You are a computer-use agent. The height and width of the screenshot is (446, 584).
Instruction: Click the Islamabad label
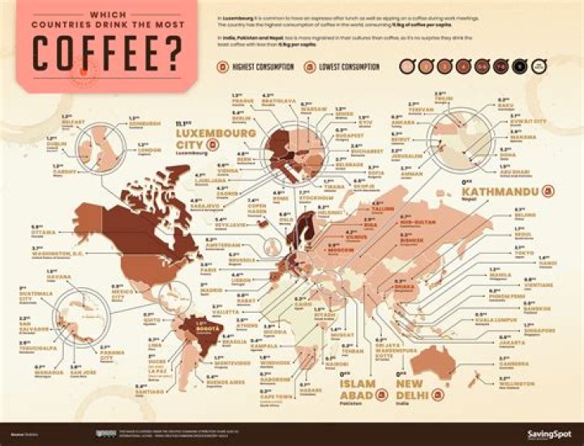pyautogui.click(x=358, y=389)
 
